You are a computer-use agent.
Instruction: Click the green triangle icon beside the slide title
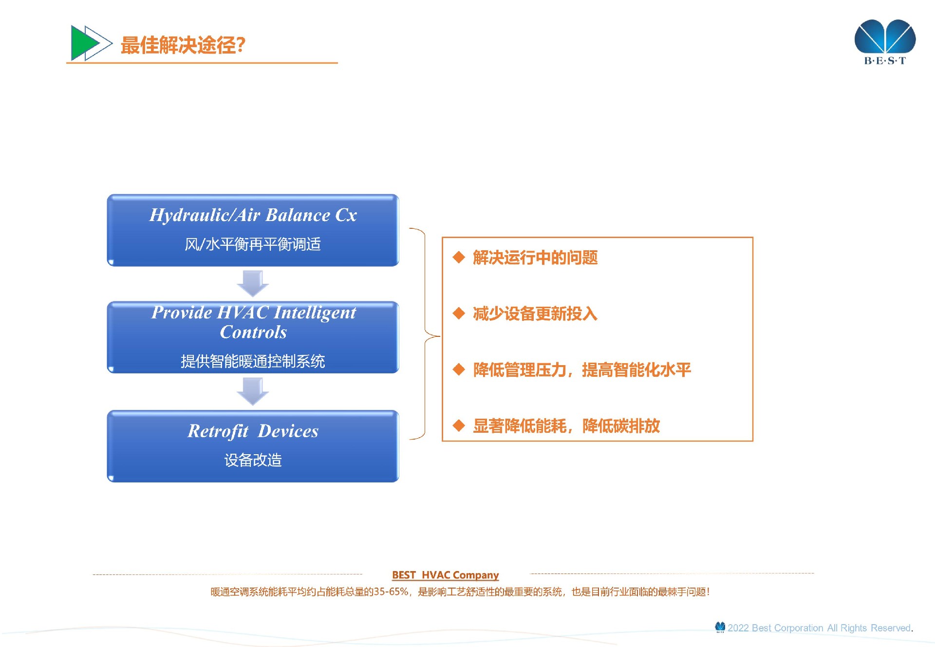click(x=83, y=43)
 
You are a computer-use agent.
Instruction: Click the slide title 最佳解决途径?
click(x=183, y=45)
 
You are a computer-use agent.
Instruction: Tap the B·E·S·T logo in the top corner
click(x=885, y=42)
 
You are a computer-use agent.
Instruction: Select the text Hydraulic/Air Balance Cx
click(x=253, y=215)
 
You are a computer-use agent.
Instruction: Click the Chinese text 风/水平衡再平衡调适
click(x=253, y=244)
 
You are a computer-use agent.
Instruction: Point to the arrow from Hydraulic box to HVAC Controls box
click(x=253, y=283)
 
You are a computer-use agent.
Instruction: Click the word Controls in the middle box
click(x=253, y=332)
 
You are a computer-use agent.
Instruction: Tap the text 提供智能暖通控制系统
click(x=253, y=361)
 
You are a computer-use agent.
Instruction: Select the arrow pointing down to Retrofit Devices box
click(x=253, y=391)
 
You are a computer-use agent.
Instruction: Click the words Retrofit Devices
click(x=253, y=431)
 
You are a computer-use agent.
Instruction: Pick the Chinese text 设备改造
click(x=253, y=460)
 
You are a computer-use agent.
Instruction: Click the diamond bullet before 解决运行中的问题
click(x=459, y=257)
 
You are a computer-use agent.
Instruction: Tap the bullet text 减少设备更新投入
click(x=535, y=314)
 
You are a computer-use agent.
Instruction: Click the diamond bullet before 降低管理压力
click(x=459, y=370)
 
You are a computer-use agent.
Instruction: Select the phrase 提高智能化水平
click(x=636, y=370)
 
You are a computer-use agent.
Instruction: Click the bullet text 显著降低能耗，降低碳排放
click(x=566, y=426)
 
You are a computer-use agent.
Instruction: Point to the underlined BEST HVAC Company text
click(x=446, y=575)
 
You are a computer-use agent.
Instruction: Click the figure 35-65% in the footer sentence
click(x=391, y=592)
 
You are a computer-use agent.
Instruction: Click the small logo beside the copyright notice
click(x=720, y=627)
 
